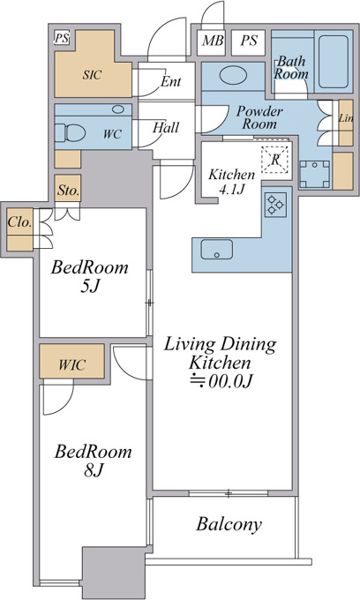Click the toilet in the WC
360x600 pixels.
click(75, 132)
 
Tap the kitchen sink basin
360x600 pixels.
click(216, 250)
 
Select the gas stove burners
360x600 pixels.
click(275, 205)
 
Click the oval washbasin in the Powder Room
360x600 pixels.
click(233, 75)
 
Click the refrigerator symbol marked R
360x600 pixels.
click(275, 160)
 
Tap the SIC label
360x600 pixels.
click(92, 74)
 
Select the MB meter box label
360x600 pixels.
click(213, 41)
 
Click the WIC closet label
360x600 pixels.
click(72, 364)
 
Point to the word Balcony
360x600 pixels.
click(229, 524)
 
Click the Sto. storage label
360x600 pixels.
click(68, 191)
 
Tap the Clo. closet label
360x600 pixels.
click(19, 222)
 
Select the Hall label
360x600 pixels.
click(166, 127)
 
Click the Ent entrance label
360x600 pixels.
click(170, 81)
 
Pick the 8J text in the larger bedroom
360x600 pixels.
click(94, 470)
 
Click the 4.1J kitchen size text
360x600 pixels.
click(232, 189)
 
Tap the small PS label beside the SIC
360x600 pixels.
click(62, 38)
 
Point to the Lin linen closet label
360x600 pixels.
click(346, 118)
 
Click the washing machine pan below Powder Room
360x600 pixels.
click(314, 174)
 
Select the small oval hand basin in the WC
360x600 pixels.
click(118, 109)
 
